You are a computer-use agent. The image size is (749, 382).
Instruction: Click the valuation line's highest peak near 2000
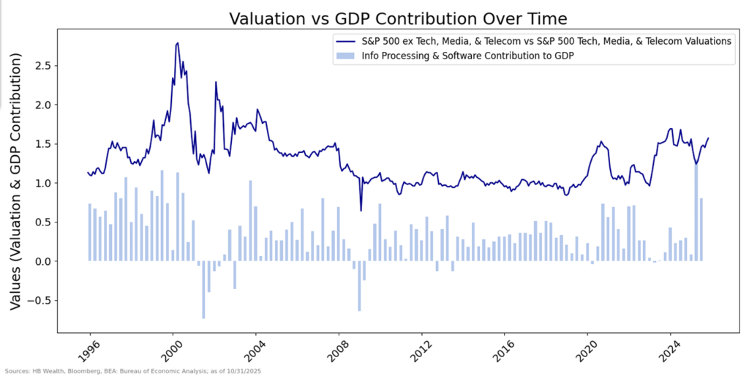(178, 43)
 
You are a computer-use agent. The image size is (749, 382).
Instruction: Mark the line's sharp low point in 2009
(360, 211)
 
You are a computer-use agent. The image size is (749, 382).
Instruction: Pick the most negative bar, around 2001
(203, 290)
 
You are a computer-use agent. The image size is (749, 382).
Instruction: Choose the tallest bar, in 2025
(696, 212)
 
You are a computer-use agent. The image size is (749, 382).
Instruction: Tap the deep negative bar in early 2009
(359, 285)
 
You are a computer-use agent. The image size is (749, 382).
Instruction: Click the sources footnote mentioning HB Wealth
(133, 372)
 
